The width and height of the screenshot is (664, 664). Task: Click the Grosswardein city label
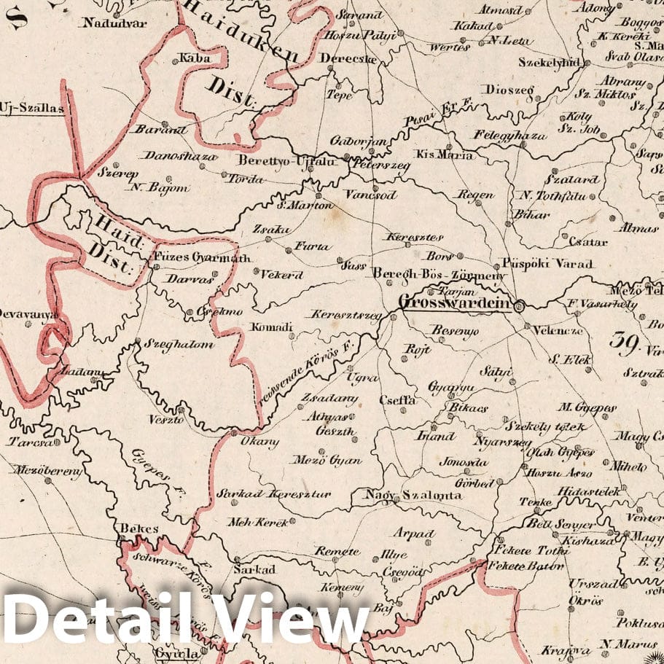click(x=455, y=302)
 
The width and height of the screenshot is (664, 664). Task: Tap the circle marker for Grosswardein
click(x=519, y=306)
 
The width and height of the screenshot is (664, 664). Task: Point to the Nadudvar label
click(x=115, y=23)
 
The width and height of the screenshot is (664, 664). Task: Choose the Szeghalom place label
click(x=179, y=344)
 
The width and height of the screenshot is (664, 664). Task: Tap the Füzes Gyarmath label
click(x=202, y=257)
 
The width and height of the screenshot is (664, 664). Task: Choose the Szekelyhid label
click(x=548, y=63)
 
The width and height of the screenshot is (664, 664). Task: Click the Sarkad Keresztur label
click(x=274, y=494)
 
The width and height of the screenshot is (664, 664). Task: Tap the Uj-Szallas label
click(x=32, y=109)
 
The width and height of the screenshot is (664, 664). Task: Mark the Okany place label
click(x=264, y=442)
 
